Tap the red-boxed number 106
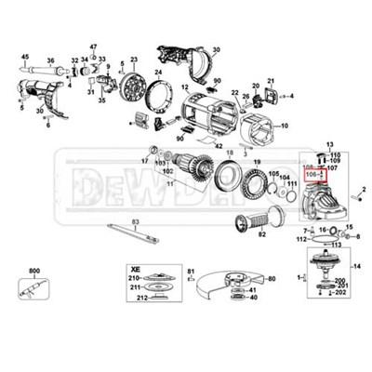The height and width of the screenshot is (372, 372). click(311, 174)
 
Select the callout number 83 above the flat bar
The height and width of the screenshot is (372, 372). click(136, 220)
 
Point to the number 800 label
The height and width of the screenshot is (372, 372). click(34, 271)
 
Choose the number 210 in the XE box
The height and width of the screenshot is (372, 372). click(133, 278)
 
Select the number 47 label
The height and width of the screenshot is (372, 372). click(93, 46)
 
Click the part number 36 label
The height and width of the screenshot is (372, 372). click(51, 61)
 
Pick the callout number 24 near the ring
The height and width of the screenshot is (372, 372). click(159, 71)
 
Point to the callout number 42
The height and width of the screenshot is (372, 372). click(217, 146)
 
